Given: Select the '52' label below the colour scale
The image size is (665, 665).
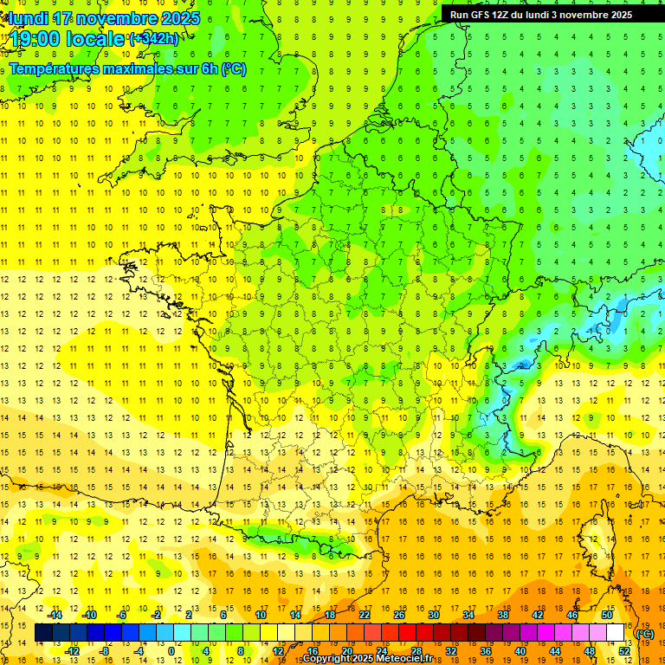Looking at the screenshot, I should [624, 651].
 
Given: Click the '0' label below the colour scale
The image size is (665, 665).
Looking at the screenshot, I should [171, 651].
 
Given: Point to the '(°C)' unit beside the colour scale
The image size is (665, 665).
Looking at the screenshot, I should [644, 634].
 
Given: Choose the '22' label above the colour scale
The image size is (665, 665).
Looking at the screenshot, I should [365, 615].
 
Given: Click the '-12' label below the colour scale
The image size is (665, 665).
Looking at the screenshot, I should [72, 651].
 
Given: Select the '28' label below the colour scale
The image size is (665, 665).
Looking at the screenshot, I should [416, 651].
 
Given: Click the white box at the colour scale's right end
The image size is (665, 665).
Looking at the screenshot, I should [616, 633].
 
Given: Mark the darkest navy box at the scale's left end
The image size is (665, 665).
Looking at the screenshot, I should [43, 633].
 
